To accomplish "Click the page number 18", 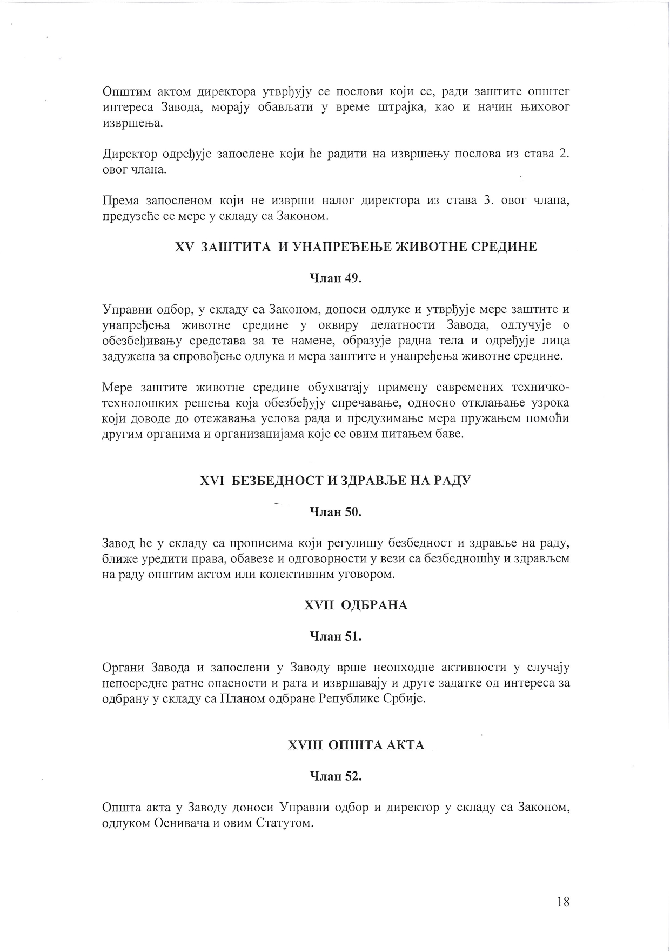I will coord(562,901).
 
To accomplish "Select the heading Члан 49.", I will coord(335,278).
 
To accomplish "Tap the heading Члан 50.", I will coord(335,512).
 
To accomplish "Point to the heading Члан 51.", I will coord(335,636).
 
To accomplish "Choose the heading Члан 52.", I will coord(335,776).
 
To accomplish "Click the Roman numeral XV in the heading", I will coord(184,247).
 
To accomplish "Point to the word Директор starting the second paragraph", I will coord(129,154).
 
